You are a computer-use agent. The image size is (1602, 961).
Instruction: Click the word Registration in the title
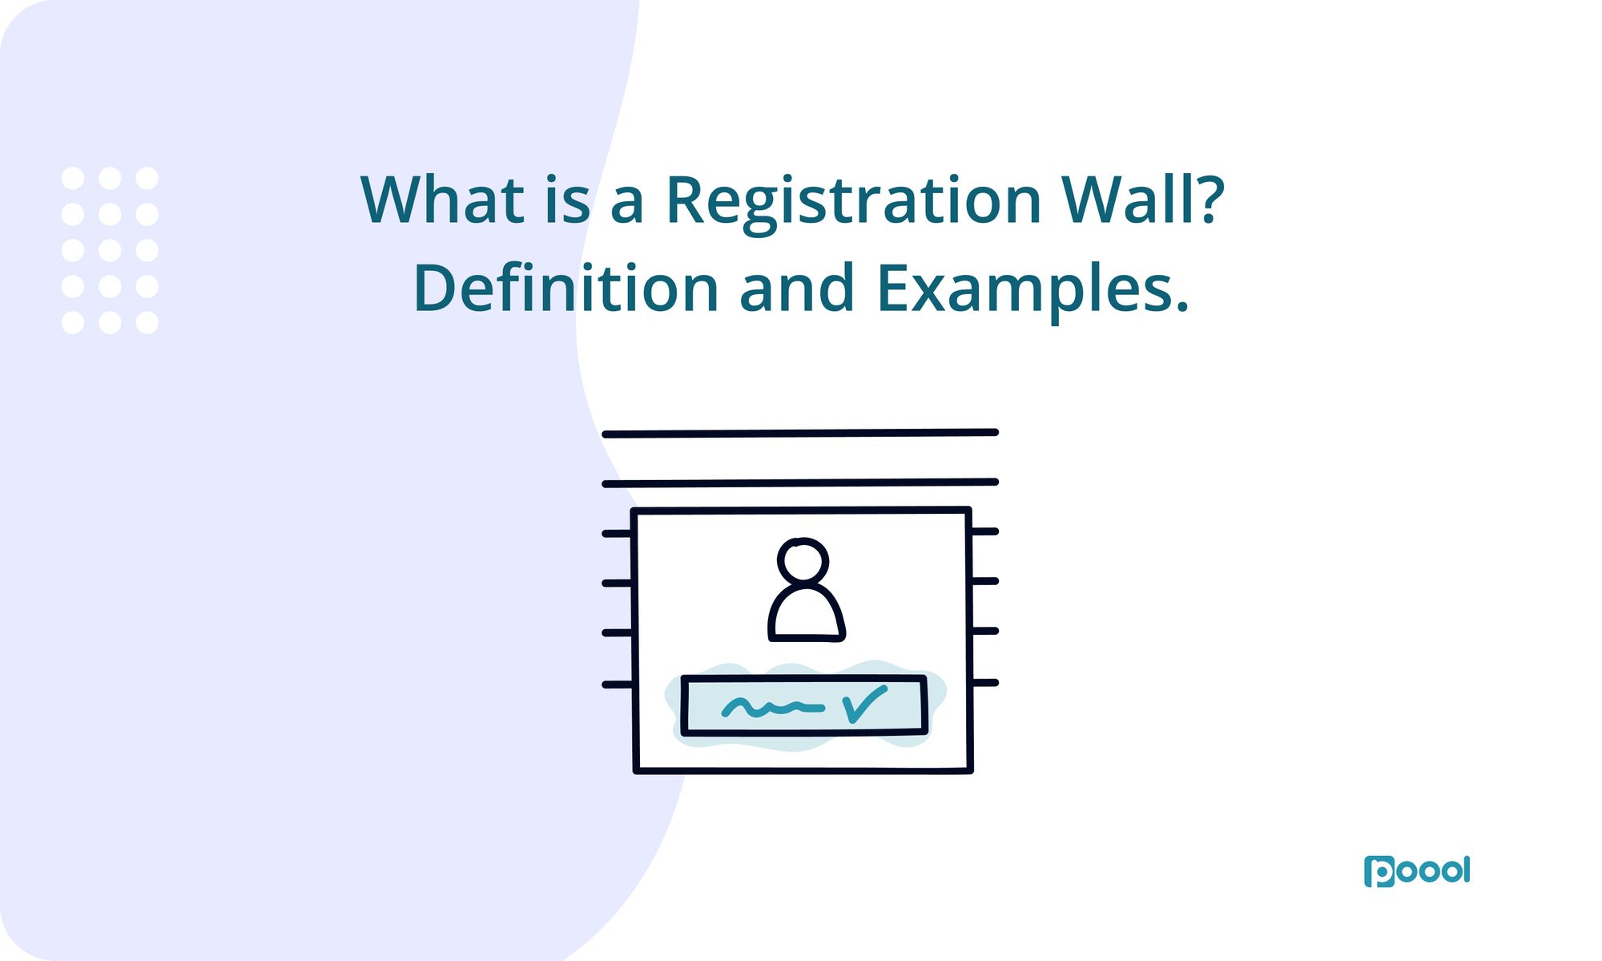pos(853,200)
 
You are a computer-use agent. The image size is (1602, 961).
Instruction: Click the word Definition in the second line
pos(566,289)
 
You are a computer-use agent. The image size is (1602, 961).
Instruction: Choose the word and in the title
pos(797,289)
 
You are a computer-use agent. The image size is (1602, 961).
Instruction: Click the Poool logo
pos(1416,871)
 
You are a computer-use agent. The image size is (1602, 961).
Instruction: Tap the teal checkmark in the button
pos(864,704)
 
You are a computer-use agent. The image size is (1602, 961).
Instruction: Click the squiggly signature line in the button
pos(772,708)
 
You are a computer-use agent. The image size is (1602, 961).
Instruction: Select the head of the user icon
pos(803,560)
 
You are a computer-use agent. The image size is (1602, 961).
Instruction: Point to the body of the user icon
pos(806,616)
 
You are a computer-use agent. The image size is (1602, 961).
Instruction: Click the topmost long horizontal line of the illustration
pos(799,434)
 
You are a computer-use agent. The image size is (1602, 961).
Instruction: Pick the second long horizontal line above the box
pos(799,483)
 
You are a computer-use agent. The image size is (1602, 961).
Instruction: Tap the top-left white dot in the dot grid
pos(73,178)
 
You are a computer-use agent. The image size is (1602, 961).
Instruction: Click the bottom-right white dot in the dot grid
pos(147,322)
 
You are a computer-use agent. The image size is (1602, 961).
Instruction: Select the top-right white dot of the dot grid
pos(147,178)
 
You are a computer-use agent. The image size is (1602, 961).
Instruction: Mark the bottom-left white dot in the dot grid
pos(73,322)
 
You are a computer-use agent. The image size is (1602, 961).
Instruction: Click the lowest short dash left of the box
pos(617,685)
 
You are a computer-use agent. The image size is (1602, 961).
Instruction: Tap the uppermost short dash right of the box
pos(984,531)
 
